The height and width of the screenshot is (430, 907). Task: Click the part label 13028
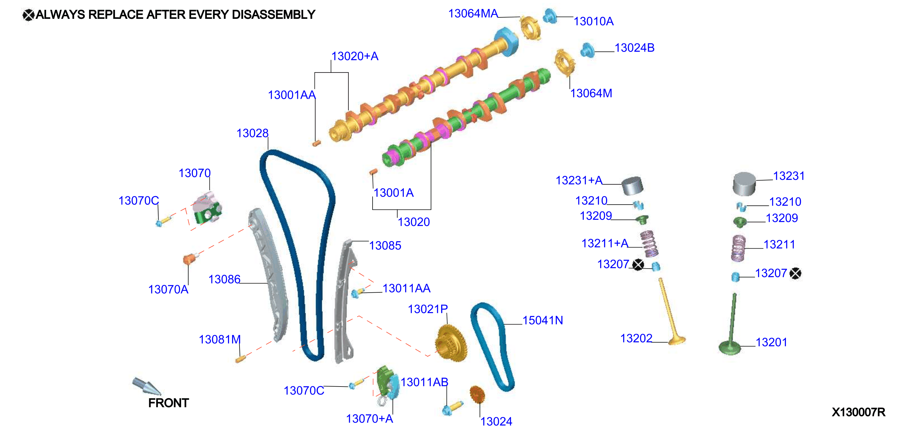[252, 133]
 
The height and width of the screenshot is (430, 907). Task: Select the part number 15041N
[543, 320]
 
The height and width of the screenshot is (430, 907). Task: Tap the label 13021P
[428, 309]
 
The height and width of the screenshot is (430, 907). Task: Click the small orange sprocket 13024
[477, 395]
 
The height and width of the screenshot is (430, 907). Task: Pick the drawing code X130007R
[858, 412]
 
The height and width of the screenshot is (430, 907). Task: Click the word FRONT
[168, 402]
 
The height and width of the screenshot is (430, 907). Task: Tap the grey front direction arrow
[146, 386]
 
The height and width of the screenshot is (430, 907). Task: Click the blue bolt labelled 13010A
[549, 16]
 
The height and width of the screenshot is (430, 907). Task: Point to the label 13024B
[634, 48]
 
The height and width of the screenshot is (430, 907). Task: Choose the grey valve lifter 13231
[744, 183]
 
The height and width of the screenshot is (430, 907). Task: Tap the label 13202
[636, 338]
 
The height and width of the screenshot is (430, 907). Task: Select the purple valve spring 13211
[738, 248]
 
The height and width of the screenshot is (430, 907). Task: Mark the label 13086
[224, 279]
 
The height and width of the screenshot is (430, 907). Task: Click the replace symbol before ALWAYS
[28, 15]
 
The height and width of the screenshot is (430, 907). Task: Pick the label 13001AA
[292, 95]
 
